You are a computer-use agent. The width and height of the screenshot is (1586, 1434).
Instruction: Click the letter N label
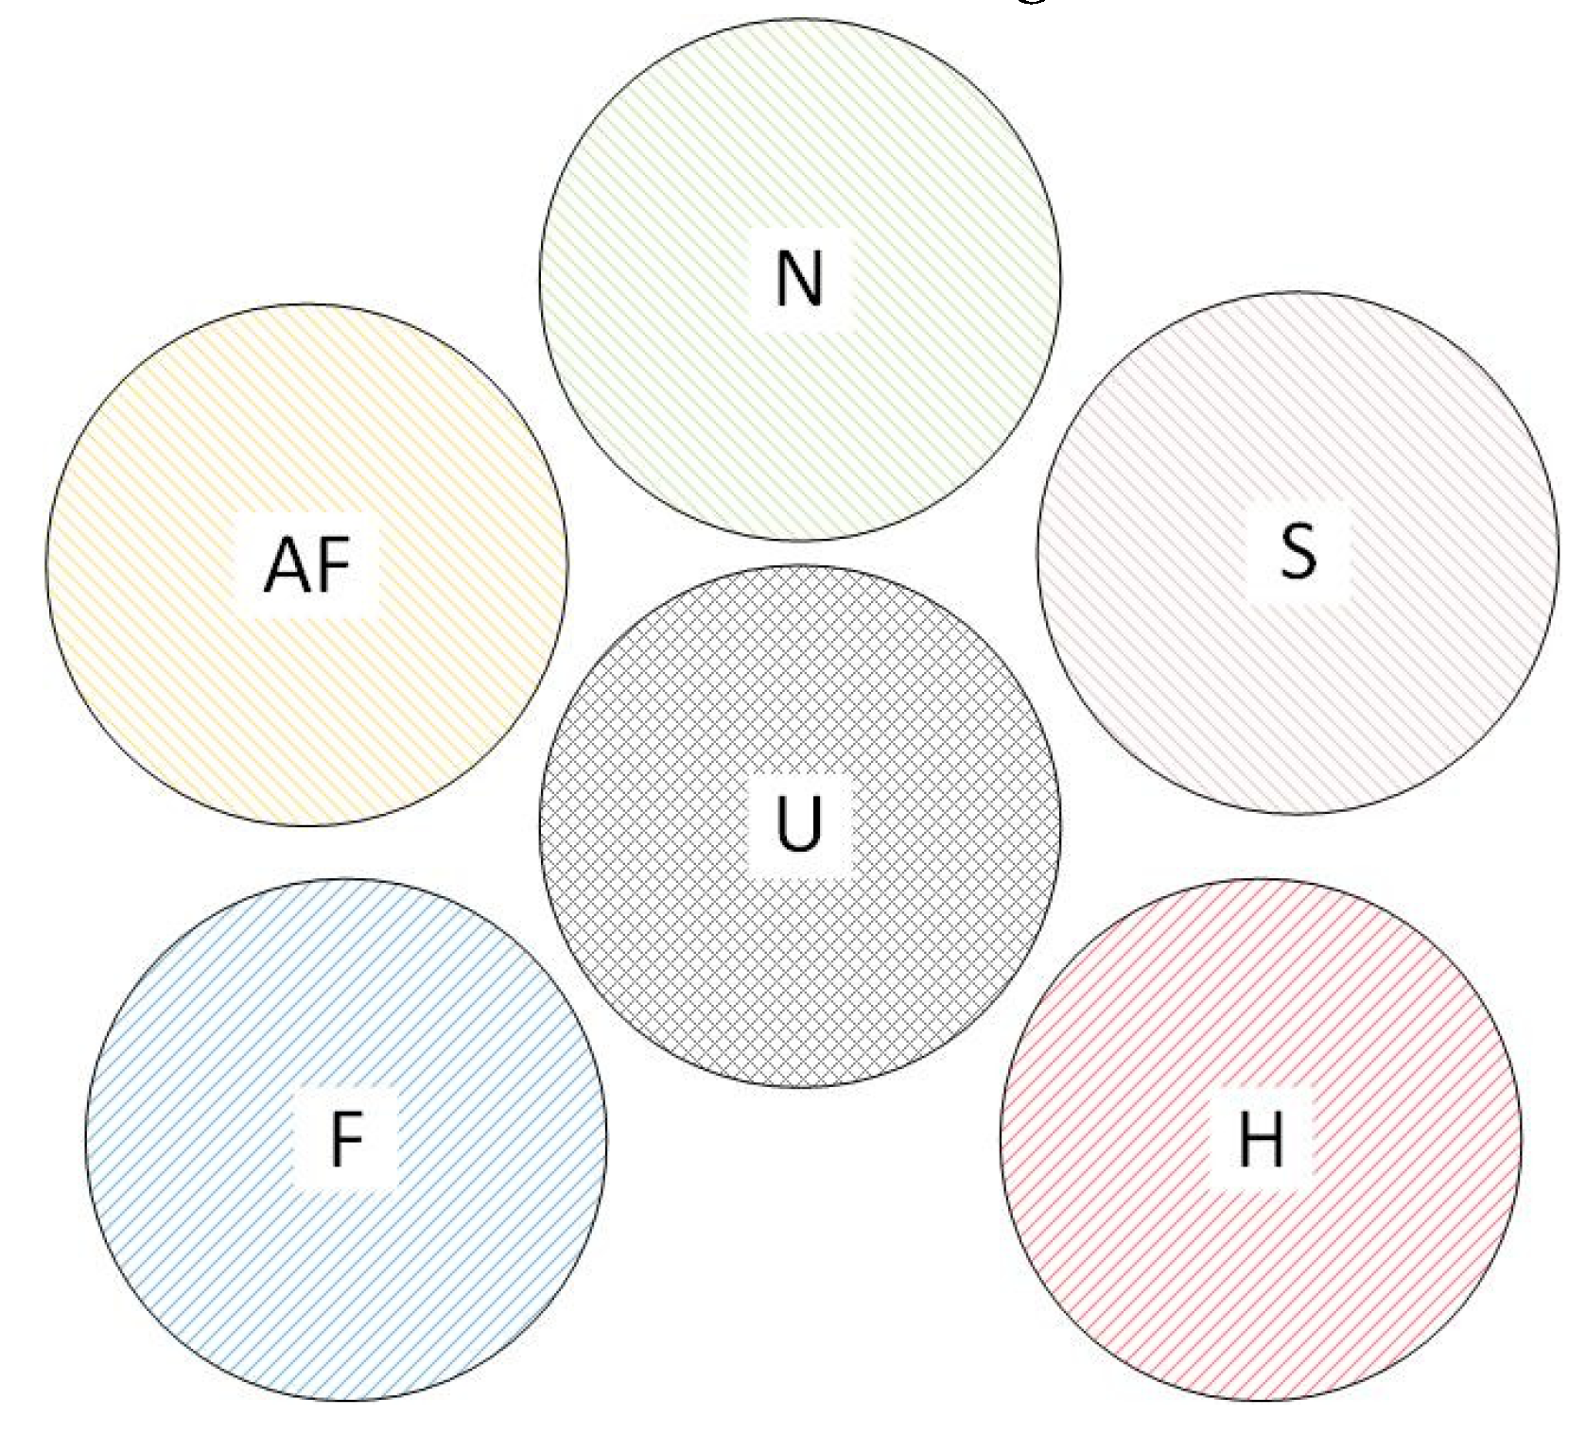point(800,279)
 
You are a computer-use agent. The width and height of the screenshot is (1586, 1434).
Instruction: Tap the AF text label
point(307,565)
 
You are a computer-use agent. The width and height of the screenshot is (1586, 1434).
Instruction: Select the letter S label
point(1298,551)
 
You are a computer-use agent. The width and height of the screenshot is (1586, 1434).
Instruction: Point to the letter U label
point(800,823)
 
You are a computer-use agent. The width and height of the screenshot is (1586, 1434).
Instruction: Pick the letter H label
point(1262,1138)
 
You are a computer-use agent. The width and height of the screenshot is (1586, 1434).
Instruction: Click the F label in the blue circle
point(347,1138)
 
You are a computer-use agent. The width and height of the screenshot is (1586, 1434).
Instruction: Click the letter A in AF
point(284,565)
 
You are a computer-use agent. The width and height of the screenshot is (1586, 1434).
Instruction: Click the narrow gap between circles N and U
point(800,553)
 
